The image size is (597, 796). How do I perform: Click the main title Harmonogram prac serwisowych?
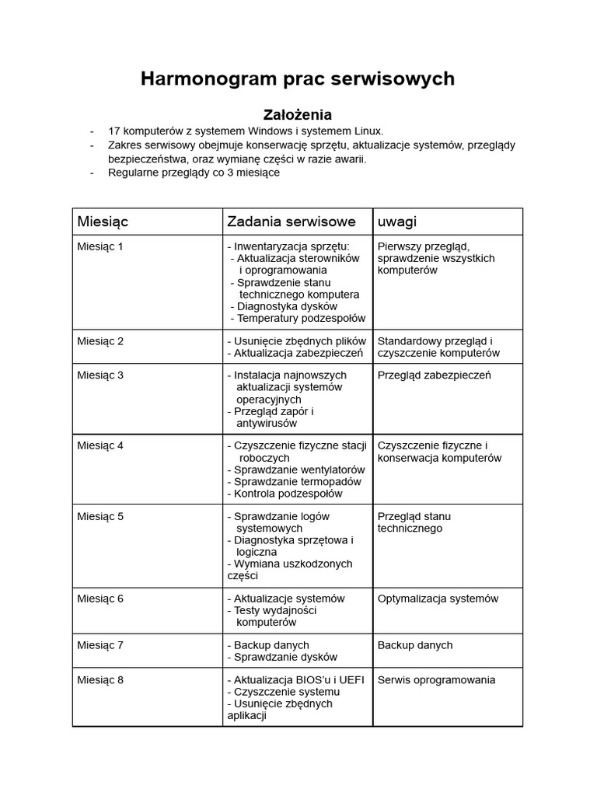[x=298, y=79]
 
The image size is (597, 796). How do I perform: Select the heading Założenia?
[x=298, y=114]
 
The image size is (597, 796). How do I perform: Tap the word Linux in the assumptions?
[x=366, y=131]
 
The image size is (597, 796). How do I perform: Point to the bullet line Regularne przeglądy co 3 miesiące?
[x=194, y=173]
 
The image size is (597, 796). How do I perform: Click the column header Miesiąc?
[x=103, y=222]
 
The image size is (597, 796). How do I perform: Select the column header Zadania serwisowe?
[x=292, y=222]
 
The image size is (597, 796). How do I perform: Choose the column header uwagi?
[x=396, y=222]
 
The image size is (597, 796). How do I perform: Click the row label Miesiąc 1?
[x=100, y=247]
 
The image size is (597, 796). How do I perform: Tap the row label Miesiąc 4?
[x=100, y=446]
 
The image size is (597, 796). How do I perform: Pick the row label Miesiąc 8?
[x=100, y=680]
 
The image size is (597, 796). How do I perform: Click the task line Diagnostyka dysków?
[x=285, y=306]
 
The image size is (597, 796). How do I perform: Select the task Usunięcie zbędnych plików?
[x=296, y=341]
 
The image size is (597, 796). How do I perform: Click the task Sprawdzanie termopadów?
[x=294, y=482]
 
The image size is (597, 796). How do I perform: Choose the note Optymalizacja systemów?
[x=438, y=599]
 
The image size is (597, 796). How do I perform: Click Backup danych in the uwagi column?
[x=414, y=645]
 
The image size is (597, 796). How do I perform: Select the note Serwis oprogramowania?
[x=436, y=680]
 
